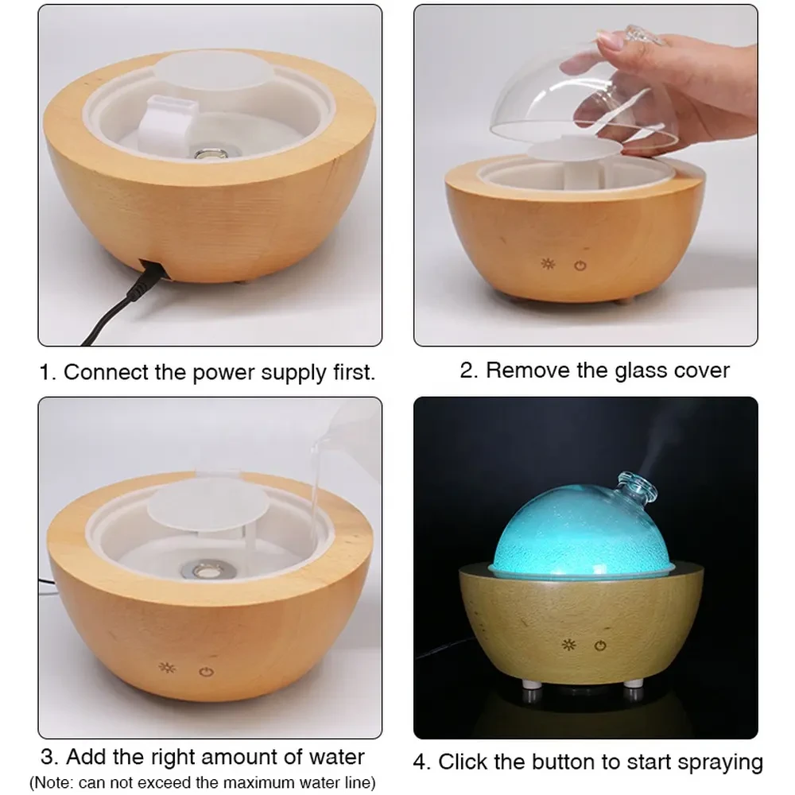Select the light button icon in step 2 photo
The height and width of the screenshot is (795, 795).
click(547, 264)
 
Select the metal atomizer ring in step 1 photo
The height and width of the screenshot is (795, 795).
click(209, 153)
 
